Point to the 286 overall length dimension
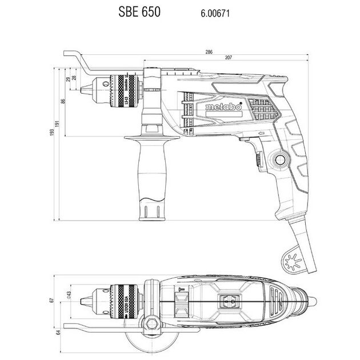(x=209, y=52)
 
